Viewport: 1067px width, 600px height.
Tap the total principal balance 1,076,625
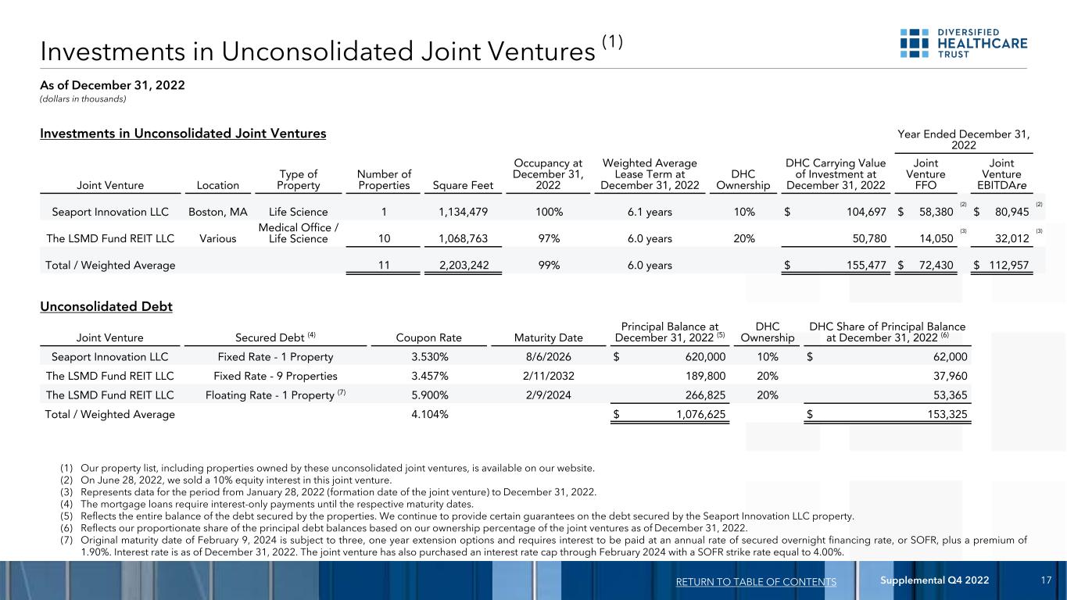(689, 414)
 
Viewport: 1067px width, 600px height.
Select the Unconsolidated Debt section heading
(106, 306)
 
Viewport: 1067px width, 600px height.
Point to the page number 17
(1046, 580)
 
